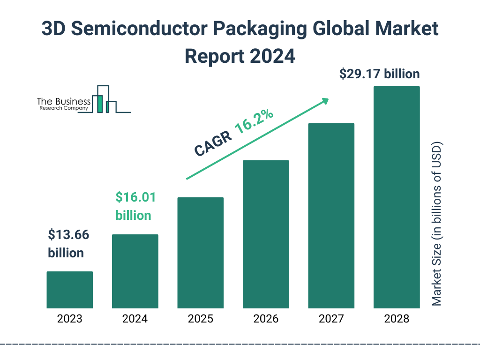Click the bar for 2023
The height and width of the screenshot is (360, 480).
click(x=69, y=290)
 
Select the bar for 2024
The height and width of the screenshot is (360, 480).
click(x=135, y=271)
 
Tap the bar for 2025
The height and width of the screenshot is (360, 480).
click(x=200, y=253)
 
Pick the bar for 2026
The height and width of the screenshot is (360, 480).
click(x=266, y=234)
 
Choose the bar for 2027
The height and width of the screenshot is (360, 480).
click(x=331, y=216)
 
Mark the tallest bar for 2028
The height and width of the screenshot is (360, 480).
click(x=397, y=197)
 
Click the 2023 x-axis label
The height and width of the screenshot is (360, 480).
click(x=69, y=319)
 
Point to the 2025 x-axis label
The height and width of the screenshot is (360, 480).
click(x=200, y=319)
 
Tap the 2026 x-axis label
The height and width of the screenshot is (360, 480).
click(x=266, y=319)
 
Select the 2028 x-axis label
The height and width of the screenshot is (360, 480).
click(x=397, y=319)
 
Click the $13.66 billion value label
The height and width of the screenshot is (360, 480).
click(x=68, y=244)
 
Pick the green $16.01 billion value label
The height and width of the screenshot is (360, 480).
click(x=135, y=206)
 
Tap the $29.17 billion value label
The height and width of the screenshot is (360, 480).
click(x=379, y=74)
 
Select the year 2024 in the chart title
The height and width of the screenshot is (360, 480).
click(x=273, y=56)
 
